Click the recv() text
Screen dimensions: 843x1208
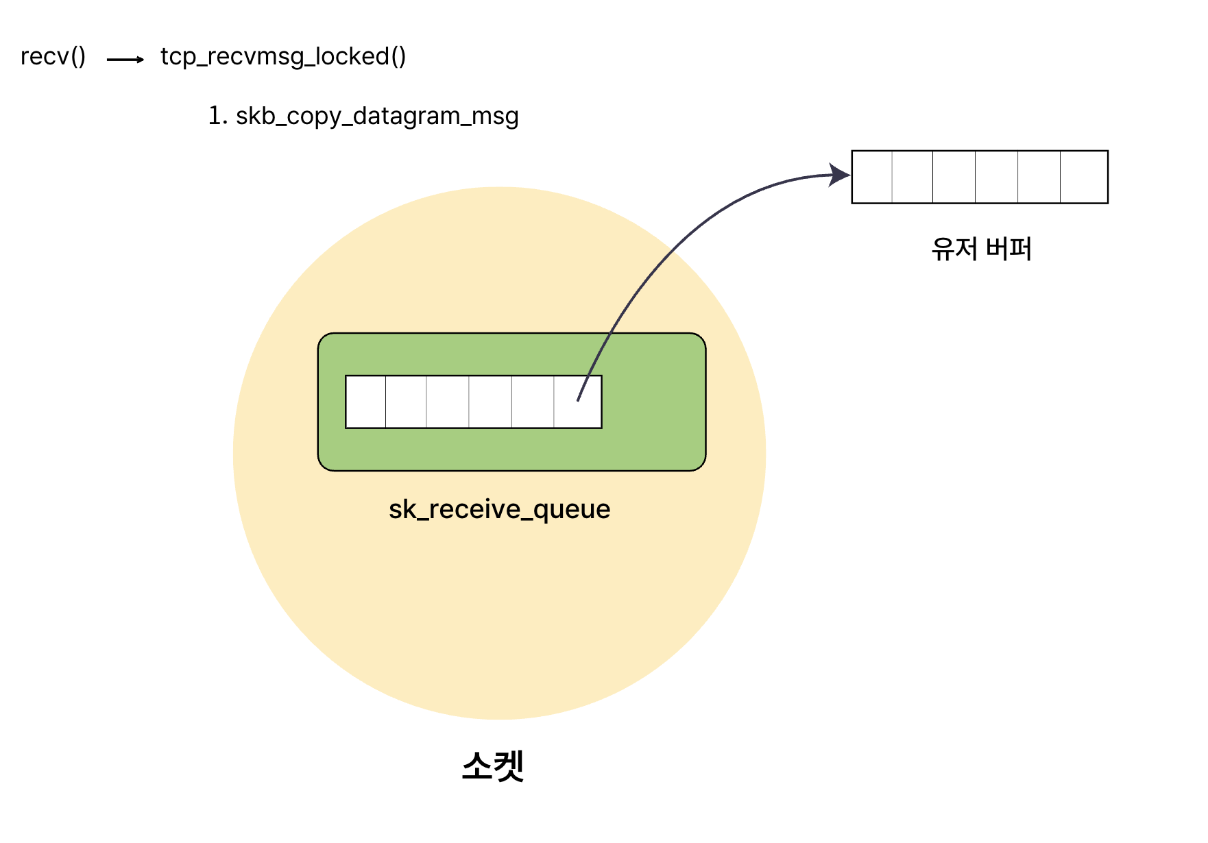pyautogui.click(x=53, y=56)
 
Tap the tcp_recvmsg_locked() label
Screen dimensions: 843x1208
pyautogui.click(x=283, y=56)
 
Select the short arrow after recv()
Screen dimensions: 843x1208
pyautogui.click(x=125, y=60)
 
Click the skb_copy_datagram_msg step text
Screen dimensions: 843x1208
pyautogui.click(x=377, y=116)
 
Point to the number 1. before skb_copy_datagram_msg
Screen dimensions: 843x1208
pyautogui.click(x=217, y=115)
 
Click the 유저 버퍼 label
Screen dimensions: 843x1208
pyautogui.click(x=981, y=249)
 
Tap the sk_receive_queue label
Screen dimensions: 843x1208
pyautogui.click(x=499, y=509)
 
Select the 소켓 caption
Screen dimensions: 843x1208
pyautogui.click(x=493, y=766)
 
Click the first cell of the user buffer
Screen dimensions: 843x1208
pyautogui.click(x=872, y=177)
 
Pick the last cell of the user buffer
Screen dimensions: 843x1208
pyautogui.click(x=1084, y=177)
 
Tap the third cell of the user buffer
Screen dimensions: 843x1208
pyautogui.click(x=954, y=177)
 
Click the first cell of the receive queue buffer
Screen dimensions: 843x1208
pyautogui.click(x=365, y=402)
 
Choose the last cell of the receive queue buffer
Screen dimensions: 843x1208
pyautogui.click(x=578, y=402)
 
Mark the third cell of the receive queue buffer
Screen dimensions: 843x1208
pyautogui.click(x=448, y=402)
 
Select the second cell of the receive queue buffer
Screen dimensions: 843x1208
pyautogui.click(x=406, y=402)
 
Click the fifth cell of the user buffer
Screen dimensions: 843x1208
pyautogui.click(x=1039, y=177)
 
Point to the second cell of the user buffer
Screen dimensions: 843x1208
pyautogui.click(x=913, y=177)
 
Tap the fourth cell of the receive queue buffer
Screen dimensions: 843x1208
pyautogui.click(x=490, y=402)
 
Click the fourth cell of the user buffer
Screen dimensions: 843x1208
pyautogui.click(x=996, y=177)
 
